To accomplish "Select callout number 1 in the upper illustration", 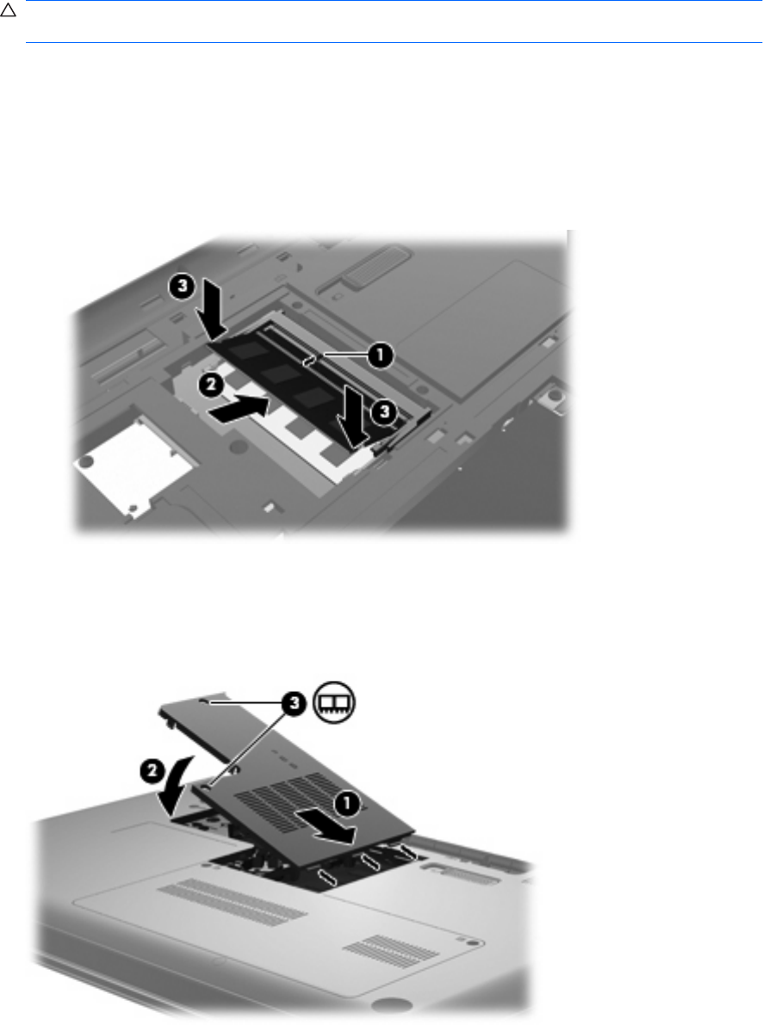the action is pos(380,356).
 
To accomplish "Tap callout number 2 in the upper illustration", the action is pos(211,385).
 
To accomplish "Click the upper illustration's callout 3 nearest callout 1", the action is pos(383,411).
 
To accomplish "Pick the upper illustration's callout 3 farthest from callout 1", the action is pos(183,286).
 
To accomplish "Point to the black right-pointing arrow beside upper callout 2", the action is pos(239,410).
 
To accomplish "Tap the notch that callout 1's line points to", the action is pos(311,361).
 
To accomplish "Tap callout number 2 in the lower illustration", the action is pos(152,772).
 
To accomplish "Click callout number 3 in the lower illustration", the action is pos(295,703).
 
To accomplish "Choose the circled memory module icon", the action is pos(335,703).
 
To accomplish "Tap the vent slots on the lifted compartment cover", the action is pos(285,803).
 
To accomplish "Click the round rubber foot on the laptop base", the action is pos(389,1003).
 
